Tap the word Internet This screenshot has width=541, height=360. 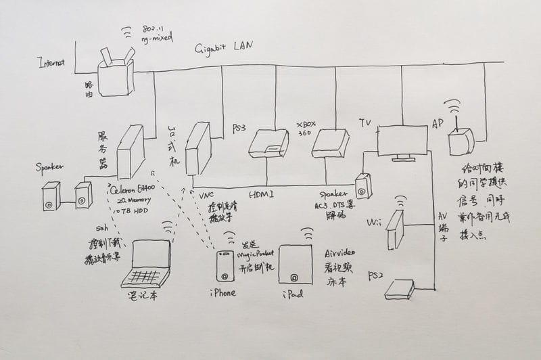click(51, 63)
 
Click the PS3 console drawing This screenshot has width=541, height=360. click(268, 143)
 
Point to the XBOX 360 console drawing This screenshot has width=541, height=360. click(330, 143)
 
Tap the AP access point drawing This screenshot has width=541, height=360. click(461, 141)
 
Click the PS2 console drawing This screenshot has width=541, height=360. click(399, 289)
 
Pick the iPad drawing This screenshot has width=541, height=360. click(295, 265)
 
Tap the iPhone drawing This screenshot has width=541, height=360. click(225, 267)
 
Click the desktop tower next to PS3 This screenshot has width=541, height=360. click(197, 149)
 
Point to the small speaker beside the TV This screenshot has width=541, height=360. click(363, 187)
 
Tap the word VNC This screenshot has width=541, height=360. click(208, 195)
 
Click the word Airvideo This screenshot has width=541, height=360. click(339, 250)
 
